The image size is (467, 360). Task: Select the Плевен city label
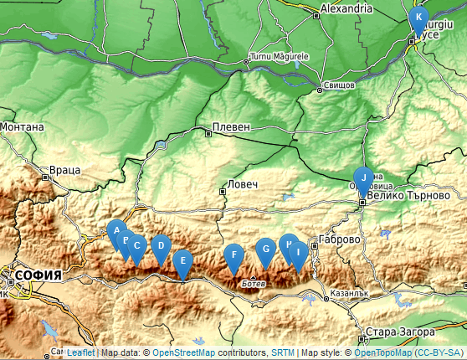click(x=232, y=126)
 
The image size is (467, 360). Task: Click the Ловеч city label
click(x=243, y=184)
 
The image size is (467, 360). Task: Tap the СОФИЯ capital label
click(x=38, y=275)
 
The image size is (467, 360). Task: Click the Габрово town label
click(x=340, y=239)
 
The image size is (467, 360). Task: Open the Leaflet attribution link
click(x=80, y=353)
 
